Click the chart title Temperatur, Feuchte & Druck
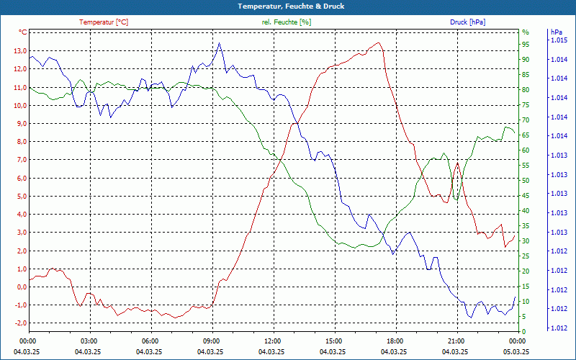288,6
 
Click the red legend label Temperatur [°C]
104,22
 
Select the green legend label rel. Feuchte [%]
287,22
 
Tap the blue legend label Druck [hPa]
467,22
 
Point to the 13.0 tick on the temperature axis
17,51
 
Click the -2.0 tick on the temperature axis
17,323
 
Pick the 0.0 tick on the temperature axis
19,287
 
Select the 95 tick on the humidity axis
526,44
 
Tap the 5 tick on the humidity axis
524,316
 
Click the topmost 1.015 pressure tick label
559,40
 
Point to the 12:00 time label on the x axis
272,341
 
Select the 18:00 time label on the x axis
395,341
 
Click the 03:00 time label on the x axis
89,341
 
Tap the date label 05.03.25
516,351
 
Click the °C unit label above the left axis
23,32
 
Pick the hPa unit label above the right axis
556,32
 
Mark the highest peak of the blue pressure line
220,43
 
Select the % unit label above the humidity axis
526,32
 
